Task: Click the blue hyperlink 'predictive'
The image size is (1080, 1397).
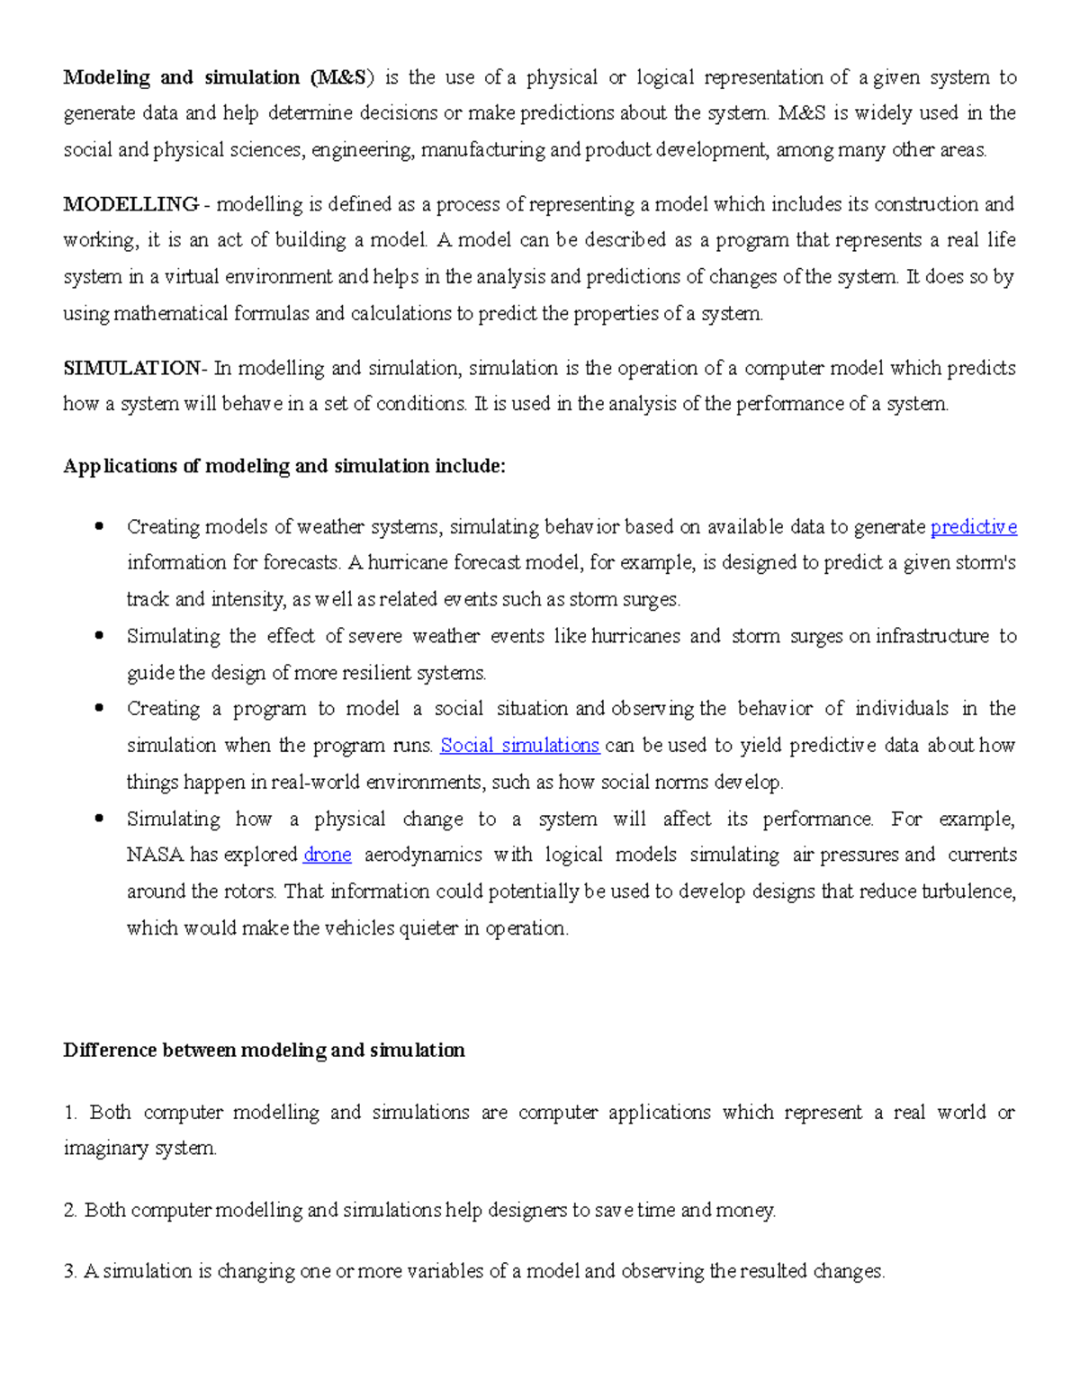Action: coord(973,527)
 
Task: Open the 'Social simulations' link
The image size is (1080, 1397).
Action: coord(519,746)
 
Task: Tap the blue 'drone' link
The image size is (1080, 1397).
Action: coord(328,855)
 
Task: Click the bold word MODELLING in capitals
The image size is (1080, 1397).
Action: coord(130,204)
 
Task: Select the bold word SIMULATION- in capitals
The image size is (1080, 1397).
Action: coord(135,368)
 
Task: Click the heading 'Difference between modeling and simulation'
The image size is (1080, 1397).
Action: coord(264,1051)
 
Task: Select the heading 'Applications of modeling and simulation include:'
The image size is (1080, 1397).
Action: coord(284,466)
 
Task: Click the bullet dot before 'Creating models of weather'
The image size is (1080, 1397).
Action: coord(100,526)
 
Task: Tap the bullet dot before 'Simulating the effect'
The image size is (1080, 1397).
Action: coord(100,636)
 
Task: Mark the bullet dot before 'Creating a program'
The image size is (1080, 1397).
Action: coord(100,709)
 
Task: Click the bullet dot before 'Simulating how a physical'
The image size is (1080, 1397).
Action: coord(100,819)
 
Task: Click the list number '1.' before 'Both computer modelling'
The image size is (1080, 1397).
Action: coord(70,1113)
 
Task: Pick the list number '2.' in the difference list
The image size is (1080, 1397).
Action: coord(70,1211)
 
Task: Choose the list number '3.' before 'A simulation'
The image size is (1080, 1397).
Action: coord(70,1272)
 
